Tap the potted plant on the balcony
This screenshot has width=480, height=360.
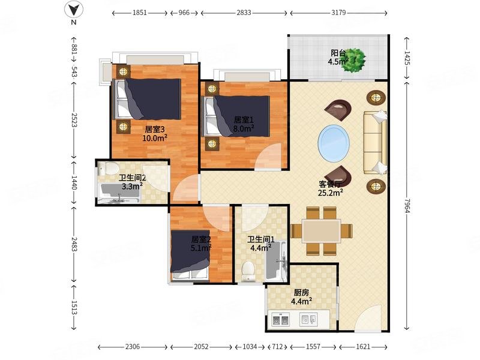tap(353, 60)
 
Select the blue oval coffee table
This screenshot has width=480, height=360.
tap(334, 143)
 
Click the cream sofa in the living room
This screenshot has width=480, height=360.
tap(375, 143)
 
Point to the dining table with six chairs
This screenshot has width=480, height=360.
tap(321, 231)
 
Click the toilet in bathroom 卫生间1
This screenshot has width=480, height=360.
tap(248, 271)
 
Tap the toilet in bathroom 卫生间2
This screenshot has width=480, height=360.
tap(109, 169)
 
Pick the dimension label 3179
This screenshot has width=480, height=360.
tap(338, 13)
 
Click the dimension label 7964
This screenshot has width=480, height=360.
tap(407, 205)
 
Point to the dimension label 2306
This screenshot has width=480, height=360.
tap(133, 347)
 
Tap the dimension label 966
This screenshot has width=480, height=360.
tap(184, 13)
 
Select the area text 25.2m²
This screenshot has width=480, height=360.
tap(331, 193)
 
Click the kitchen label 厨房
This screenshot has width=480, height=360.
tap(301, 293)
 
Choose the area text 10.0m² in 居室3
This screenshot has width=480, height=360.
tap(155, 138)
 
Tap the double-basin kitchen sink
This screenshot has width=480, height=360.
tap(281, 320)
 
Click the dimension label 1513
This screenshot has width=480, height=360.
tap(74, 307)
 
